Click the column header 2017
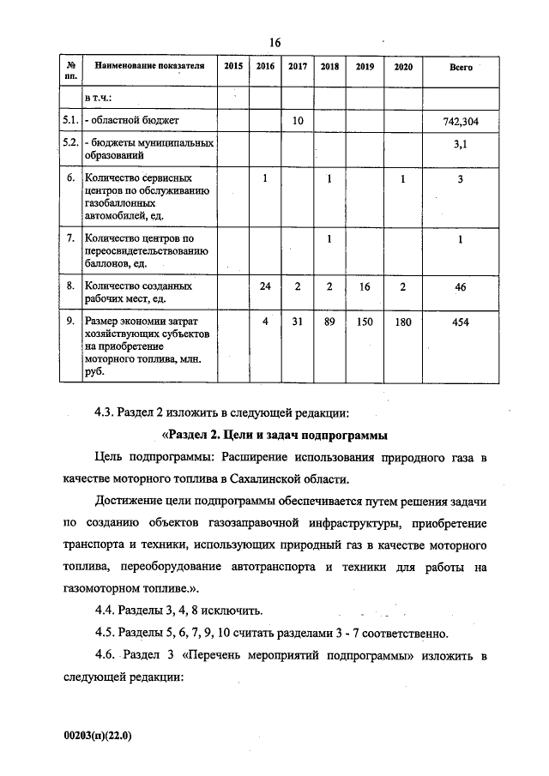click(x=297, y=66)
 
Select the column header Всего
click(x=461, y=66)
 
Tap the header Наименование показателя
click(x=150, y=66)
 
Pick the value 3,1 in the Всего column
click(x=461, y=146)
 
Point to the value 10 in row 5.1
click(x=297, y=122)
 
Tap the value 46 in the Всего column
click(x=461, y=287)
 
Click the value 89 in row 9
click(x=329, y=322)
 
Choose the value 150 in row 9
click(x=364, y=322)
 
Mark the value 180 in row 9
click(x=402, y=322)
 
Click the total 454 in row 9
click(x=461, y=322)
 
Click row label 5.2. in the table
click(x=71, y=143)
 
